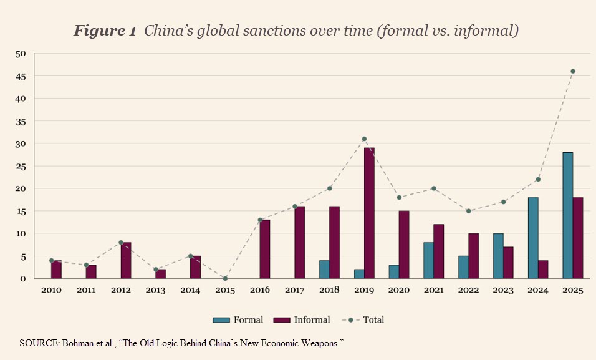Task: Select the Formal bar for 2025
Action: point(567,215)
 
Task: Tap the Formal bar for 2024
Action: point(532,238)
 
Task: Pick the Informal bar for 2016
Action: point(265,249)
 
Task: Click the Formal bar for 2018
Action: point(324,270)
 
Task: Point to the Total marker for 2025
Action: point(572,71)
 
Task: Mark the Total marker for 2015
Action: point(225,278)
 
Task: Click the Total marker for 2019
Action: point(364,139)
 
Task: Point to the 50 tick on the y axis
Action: point(21,54)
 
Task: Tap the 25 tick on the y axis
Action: point(21,166)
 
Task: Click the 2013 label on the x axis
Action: point(155,291)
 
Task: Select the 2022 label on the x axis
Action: point(468,291)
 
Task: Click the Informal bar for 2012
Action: point(126,260)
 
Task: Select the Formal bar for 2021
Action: point(428,260)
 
